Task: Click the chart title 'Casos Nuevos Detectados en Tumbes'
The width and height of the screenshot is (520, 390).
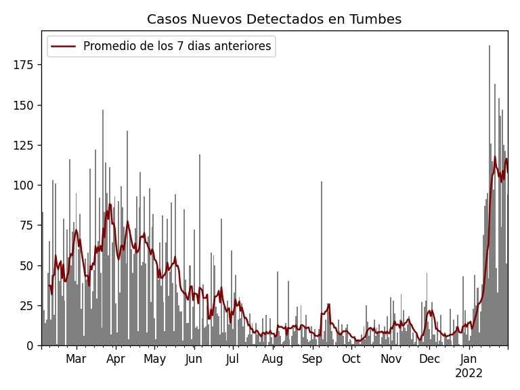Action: [274, 20]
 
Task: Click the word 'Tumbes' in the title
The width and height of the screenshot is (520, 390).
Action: [376, 20]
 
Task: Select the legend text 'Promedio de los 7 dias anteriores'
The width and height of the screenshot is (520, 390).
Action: [177, 47]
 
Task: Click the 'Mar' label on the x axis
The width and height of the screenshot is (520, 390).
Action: [76, 359]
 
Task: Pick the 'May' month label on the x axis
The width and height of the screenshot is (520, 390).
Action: [155, 359]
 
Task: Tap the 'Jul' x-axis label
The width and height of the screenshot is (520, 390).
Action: [233, 359]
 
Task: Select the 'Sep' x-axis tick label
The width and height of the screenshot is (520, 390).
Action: [312, 359]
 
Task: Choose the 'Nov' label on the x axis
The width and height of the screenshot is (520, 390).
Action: [391, 359]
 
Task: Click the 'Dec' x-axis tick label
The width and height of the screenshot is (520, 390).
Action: [429, 359]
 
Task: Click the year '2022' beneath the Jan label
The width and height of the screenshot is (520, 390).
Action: [469, 373]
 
